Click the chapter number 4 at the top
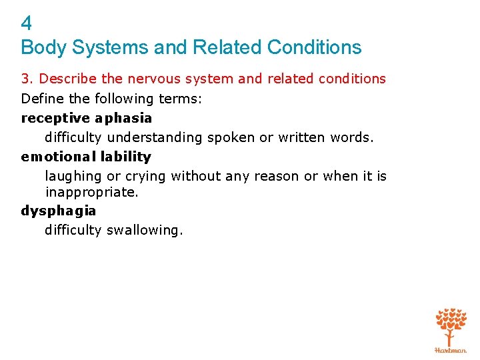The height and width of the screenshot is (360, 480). click(x=27, y=24)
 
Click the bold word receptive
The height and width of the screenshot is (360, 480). click(x=55, y=118)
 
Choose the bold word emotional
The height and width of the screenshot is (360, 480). click(x=59, y=157)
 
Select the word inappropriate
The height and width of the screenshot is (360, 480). click(x=92, y=192)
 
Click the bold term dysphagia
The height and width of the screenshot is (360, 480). click(x=59, y=211)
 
